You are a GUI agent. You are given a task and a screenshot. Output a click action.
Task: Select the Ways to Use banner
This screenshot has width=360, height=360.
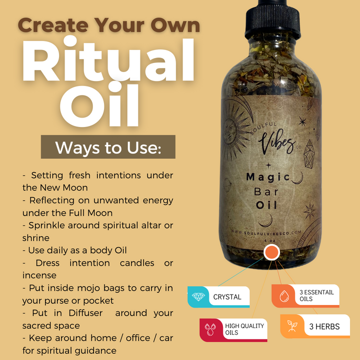(108, 147)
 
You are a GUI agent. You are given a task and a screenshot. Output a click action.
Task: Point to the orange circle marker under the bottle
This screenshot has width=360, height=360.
(271, 252)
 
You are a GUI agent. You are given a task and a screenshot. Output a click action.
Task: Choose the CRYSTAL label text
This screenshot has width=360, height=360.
(227, 297)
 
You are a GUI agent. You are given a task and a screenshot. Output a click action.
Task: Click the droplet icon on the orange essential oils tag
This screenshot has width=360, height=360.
(283, 295)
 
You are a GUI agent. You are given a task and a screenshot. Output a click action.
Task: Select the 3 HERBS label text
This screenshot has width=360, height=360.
(324, 327)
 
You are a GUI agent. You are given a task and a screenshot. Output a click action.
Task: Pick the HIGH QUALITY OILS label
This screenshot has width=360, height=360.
(244, 329)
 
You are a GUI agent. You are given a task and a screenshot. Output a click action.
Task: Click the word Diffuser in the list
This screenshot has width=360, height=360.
(90, 313)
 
